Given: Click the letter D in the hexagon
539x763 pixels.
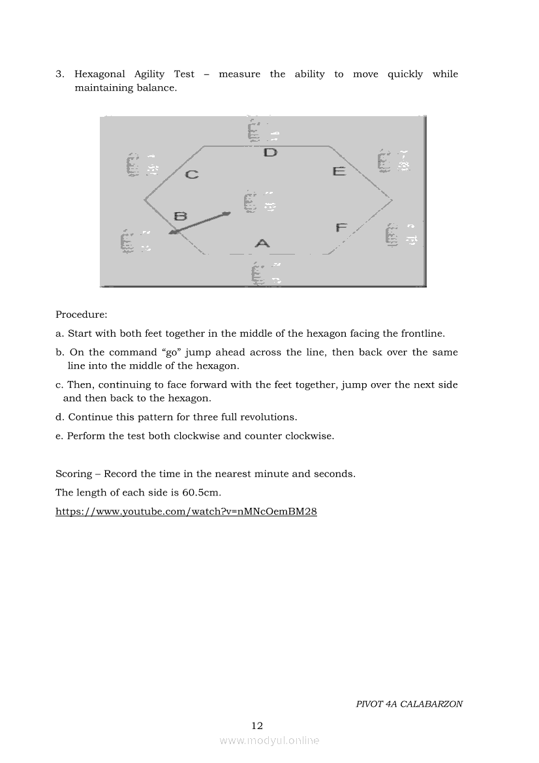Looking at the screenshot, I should [x=270, y=153].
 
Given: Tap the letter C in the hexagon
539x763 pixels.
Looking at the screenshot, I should [x=192, y=174].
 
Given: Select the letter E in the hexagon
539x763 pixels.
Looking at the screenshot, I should [x=339, y=171].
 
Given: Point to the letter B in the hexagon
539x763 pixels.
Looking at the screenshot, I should [x=181, y=216].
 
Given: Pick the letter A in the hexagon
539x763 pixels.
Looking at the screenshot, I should [x=262, y=243].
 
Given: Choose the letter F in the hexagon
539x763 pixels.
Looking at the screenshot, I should [x=341, y=227].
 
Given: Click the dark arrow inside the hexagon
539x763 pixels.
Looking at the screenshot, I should [x=199, y=223].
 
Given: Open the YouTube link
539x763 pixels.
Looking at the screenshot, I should [x=186, y=512].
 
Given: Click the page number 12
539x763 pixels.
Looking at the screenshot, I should [x=257, y=725].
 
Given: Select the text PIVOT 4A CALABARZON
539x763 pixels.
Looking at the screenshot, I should [x=409, y=704].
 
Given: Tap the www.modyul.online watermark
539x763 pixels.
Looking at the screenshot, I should [x=269, y=740].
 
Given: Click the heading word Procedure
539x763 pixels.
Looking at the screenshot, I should [x=81, y=315].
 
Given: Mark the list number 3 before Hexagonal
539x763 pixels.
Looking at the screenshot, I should [x=59, y=74].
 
